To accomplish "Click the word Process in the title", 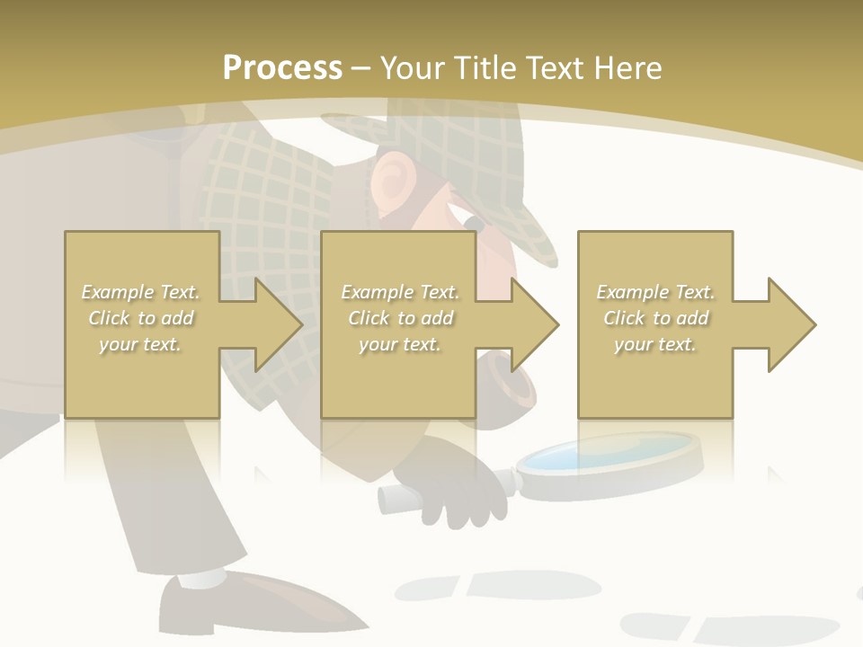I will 282,67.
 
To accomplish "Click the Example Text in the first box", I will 140,292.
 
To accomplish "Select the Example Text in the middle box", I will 400,292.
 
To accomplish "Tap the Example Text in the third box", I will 655,292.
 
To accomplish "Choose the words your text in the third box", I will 655,344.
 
